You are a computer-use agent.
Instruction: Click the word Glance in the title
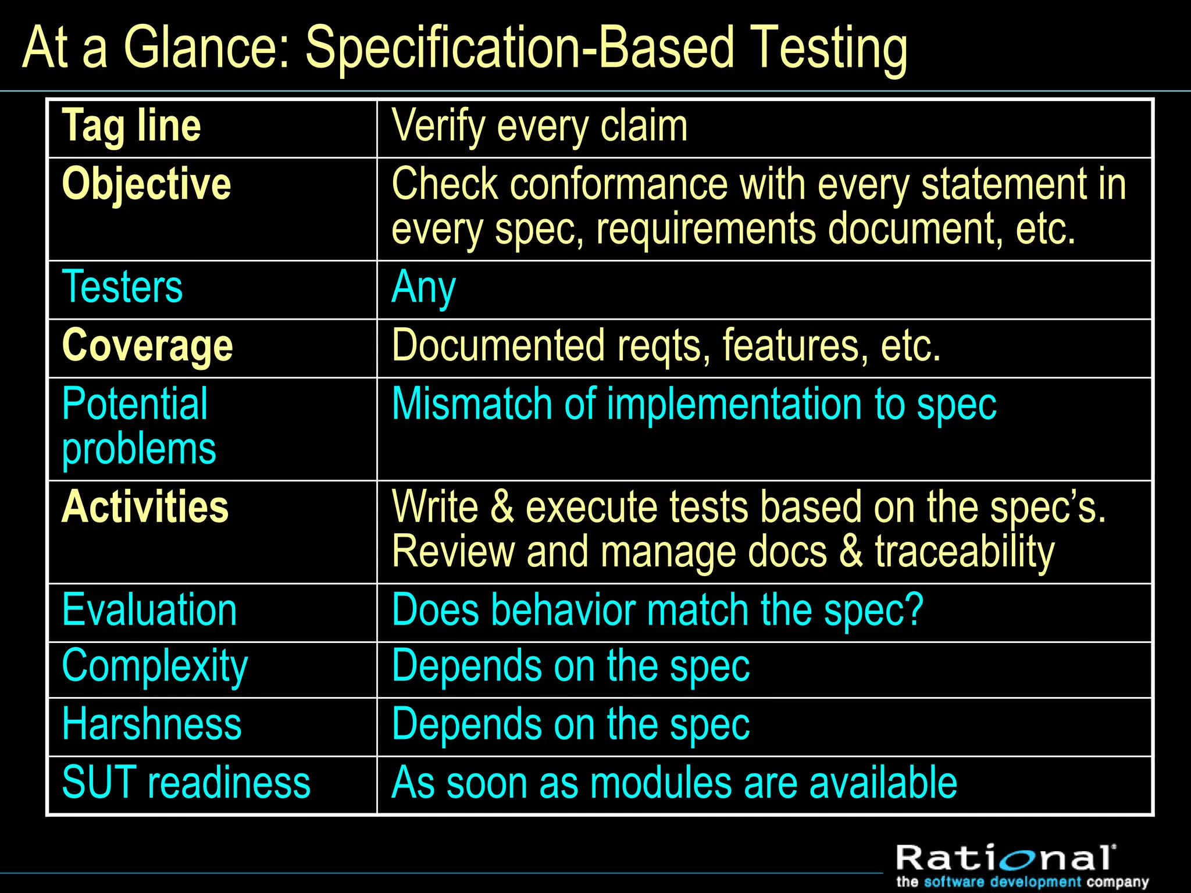pyautogui.click(x=206, y=48)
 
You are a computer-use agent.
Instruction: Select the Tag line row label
pyautogui.click(x=131, y=126)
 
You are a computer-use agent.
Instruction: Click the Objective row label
pyautogui.click(x=147, y=184)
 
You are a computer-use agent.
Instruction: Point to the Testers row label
pyautogui.click(x=122, y=287)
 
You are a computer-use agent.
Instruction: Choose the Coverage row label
pyautogui.click(x=147, y=346)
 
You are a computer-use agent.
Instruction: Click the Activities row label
pyautogui.click(x=145, y=507)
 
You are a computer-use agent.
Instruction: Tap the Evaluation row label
pyautogui.click(x=149, y=610)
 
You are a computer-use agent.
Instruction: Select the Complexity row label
pyautogui.click(x=155, y=667)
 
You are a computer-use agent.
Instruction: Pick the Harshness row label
pyautogui.click(x=152, y=724)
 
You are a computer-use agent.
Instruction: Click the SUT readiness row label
pyautogui.click(x=186, y=783)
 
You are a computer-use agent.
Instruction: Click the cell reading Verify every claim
pyautogui.click(x=539, y=126)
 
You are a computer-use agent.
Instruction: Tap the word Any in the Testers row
pyautogui.click(x=423, y=288)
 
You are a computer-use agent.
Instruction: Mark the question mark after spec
pyautogui.click(x=915, y=609)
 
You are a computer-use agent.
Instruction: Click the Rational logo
pyautogui.click(x=1006, y=859)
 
